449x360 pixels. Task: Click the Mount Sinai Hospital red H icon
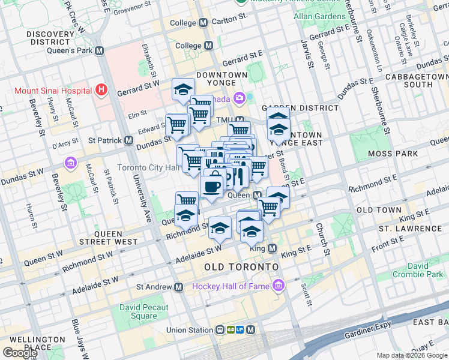101,91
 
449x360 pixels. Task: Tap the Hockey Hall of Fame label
231,286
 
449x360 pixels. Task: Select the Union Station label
190,330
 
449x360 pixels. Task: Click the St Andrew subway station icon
178,287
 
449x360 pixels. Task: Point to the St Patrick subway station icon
128,140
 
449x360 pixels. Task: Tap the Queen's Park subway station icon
99,51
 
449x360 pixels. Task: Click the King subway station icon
272,248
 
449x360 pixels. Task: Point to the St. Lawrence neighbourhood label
410,229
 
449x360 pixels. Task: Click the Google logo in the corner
19,353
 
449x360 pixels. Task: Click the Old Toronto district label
241,266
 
